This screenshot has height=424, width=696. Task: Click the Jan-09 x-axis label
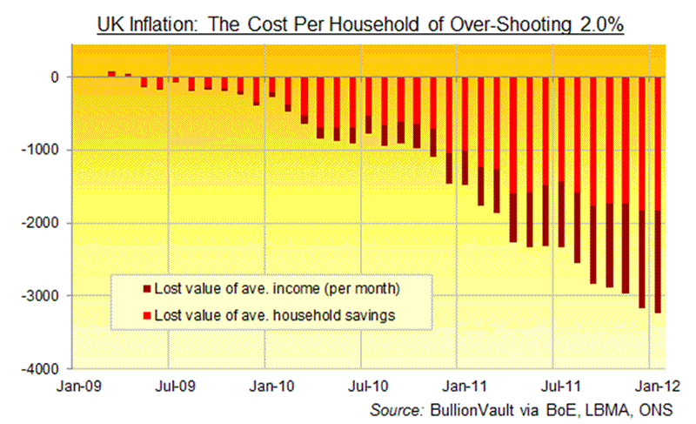pos(77,383)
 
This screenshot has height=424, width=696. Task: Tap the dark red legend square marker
pos(146,288)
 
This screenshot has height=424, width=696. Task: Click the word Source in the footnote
pos(397,408)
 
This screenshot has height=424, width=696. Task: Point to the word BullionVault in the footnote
pos(469,408)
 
